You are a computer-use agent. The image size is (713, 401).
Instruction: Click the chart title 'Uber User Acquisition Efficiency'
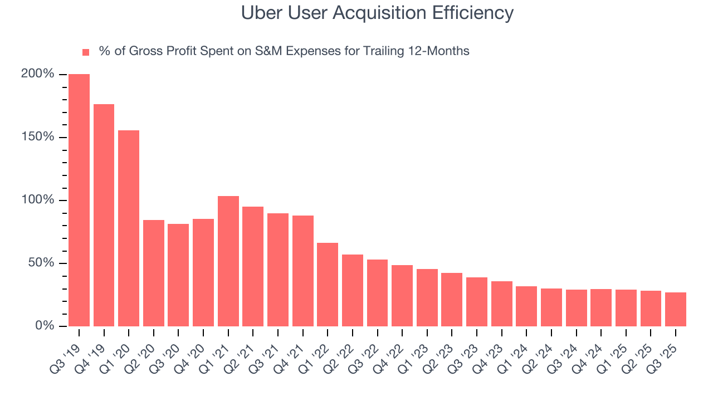coord(377,13)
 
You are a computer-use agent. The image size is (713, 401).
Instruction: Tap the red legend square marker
coord(86,52)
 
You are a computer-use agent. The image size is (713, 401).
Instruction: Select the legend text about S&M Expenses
coord(284,51)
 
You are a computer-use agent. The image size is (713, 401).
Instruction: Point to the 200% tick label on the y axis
coord(38,74)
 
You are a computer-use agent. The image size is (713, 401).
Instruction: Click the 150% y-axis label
coord(38,137)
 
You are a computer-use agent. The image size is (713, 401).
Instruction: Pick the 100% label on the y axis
coord(38,200)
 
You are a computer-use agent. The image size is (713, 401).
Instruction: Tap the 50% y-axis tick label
coord(42,263)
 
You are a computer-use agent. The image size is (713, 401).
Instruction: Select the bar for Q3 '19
coord(79,200)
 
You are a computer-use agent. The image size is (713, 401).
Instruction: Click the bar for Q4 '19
coord(104,215)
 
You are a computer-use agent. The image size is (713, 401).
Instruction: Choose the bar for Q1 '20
coord(129,228)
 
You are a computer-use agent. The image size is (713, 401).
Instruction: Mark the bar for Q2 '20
coord(154,273)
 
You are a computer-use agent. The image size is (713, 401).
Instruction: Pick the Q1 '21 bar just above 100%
coord(228,261)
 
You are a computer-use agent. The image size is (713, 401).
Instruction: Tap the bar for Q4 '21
coord(303,271)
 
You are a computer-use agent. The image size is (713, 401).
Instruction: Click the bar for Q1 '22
coord(328,285)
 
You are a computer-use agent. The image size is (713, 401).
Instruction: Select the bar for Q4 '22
coord(402,296)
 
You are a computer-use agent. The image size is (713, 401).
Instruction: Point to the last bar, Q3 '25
coord(676,309)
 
